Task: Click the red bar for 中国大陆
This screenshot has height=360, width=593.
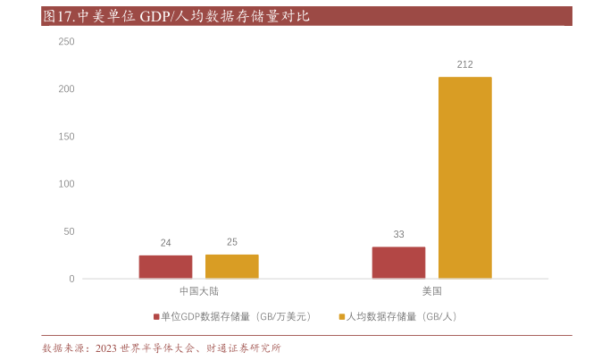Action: pyautogui.click(x=165, y=267)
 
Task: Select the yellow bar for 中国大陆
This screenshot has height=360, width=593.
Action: pyautogui.click(x=231, y=266)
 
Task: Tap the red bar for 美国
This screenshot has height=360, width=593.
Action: pyautogui.click(x=398, y=263)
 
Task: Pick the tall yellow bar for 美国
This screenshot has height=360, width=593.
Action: pyautogui.click(x=464, y=178)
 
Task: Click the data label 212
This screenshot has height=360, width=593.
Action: pyautogui.click(x=464, y=64)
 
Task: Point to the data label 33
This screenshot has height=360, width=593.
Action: pyautogui.click(x=398, y=234)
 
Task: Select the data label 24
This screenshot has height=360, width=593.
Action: pyautogui.click(x=165, y=243)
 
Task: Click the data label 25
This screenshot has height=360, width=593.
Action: pyautogui.click(x=231, y=242)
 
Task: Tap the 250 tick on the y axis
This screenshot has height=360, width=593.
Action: pyautogui.click(x=66, y=42)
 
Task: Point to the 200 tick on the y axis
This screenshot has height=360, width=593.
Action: pyautogui.click(x=66, y=89)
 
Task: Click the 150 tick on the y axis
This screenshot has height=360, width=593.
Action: pyautogui.click(x=66, y=137)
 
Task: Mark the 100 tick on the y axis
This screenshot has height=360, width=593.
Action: pyautogui.click(x=66, y=184)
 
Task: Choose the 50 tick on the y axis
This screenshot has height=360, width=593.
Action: pyautogui.click(x=69, y=231)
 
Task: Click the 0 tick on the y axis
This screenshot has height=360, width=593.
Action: pyautogui.click(x=71, y=279)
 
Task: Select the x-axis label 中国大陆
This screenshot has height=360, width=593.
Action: pyautogui.click(x=198, y=291)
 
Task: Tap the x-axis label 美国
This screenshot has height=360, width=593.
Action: pyautogui.click(x=431, y=291)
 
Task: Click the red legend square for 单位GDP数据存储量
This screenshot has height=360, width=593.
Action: pyautogui.click(x=155, y=316)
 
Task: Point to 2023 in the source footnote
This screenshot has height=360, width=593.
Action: pyautogui.click(x=105, y=347)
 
